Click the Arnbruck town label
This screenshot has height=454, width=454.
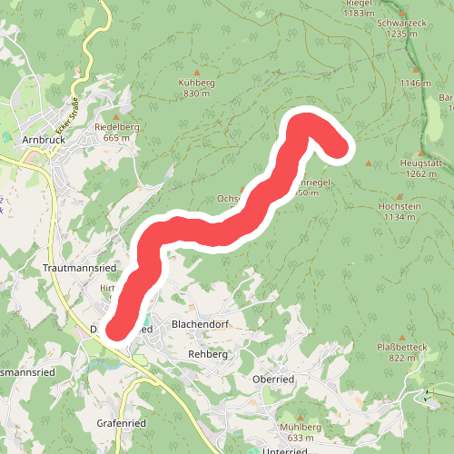click(x=40, y=141)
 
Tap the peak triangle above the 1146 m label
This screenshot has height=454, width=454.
click(x=417, y=70)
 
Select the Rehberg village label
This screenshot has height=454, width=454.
click(x=207, y=354)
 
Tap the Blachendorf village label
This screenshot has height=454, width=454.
click(x=197, y=325)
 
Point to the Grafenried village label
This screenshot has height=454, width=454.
click(x=121, y=423)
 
